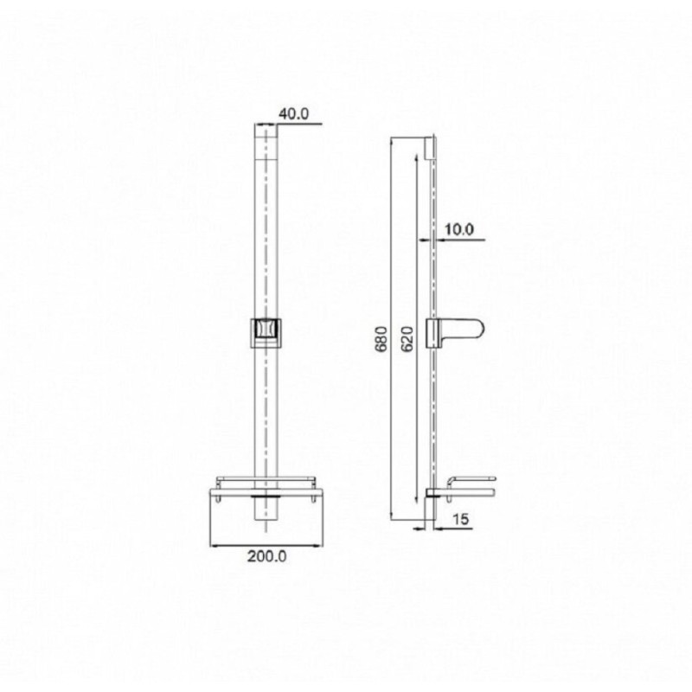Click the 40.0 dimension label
pyautogui.click(x=294, y=114)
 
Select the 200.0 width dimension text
pyautogui.click(x=267, y=556)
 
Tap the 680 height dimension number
pyautogui.click(x=381, y=339)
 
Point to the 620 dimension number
pyautogui.click(x=407, y=339)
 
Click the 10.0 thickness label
pyautogui.click(x=459, y=229)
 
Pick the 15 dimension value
pyautogui.click(x=460, y=520)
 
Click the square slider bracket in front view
pyautogui.click(x=266, y=333)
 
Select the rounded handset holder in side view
pyautogui.click(x=455, y=334)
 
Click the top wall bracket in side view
pyautogui.click(x=430, y=148)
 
